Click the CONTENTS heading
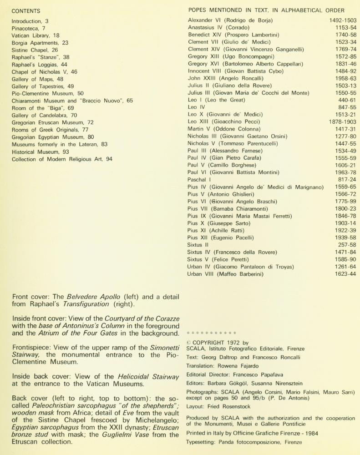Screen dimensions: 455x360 coord(26,11)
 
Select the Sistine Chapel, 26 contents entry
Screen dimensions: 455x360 coord(35,50)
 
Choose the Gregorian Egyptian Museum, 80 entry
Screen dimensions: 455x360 coord(53,137)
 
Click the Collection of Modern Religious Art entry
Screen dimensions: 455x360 coord(62,159)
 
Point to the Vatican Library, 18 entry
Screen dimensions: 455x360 coord(35,35)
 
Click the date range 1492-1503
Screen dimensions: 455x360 coord(343,20)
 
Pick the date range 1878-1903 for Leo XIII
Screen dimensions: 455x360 coord(343,122)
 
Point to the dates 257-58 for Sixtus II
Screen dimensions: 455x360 coord(347,245)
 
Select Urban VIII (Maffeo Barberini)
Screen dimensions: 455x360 coord(226,274)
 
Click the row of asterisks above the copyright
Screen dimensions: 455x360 coord(212,334)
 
